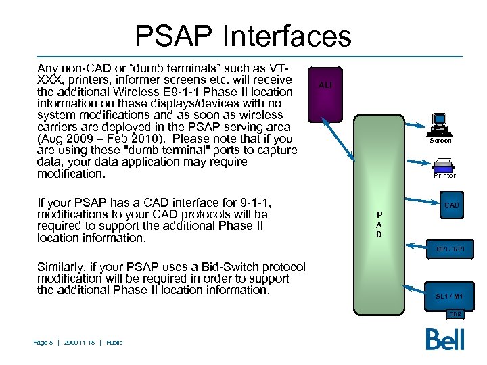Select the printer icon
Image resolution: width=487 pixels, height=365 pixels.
point(444,164)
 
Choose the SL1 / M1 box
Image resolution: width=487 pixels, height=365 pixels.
point(449,296)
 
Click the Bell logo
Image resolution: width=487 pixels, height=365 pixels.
point(445,339)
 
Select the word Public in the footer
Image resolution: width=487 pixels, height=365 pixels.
point(115,343)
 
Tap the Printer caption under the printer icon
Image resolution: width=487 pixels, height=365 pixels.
point(444,176)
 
